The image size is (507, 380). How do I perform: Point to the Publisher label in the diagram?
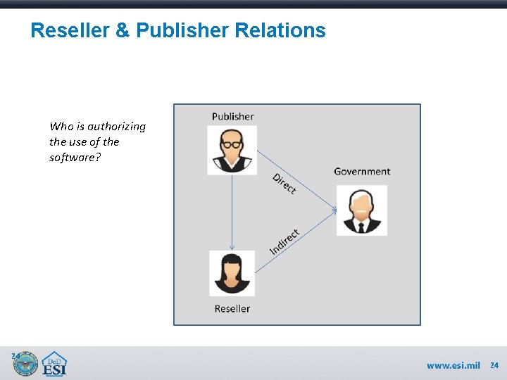(232, 116)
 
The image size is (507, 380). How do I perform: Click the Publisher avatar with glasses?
(232, 150)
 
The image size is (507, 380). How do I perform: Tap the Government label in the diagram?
(362, 171)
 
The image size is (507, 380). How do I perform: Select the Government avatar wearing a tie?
(361, 210)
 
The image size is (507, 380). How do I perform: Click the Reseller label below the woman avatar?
(232, 308)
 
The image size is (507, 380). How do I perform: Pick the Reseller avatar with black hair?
(232, 273)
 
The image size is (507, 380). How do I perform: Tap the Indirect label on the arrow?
(285, 241)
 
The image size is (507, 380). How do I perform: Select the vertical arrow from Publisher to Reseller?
(232, 212)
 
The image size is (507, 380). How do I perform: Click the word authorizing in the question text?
(117, 127)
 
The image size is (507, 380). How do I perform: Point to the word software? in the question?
(75, 157)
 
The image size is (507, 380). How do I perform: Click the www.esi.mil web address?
(453, 365)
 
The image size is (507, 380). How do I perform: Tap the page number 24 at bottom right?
(494, 365)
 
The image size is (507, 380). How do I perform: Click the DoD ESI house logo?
(54, 364)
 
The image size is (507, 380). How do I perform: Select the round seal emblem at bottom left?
(25, 364)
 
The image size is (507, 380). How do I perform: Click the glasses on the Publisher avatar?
(232, 144)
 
